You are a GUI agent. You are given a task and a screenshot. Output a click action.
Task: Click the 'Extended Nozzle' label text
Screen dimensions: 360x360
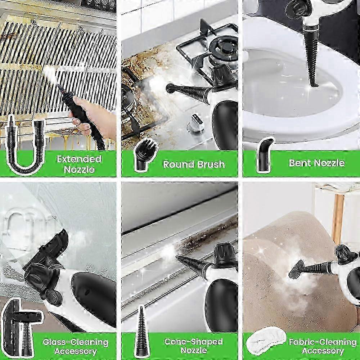coord(79,164)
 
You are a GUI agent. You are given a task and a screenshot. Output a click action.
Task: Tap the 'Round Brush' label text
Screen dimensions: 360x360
coord(194,164)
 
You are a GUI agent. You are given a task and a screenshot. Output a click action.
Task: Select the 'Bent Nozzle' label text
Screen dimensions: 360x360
coord(317,163)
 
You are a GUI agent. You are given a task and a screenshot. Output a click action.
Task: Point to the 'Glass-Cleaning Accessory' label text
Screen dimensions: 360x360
coord(76,347)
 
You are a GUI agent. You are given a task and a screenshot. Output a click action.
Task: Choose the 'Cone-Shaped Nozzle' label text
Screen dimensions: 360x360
coord(194,346)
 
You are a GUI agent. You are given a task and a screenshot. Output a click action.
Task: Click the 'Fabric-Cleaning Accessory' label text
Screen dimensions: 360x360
coord(323,346)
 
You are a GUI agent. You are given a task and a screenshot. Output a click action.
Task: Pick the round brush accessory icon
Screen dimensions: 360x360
coord(145,155)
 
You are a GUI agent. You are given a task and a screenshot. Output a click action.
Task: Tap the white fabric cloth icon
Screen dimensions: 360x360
coord(266,343)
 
